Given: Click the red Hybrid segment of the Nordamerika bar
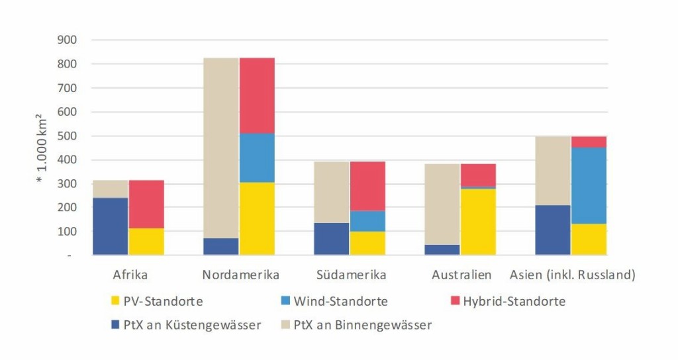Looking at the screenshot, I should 257,95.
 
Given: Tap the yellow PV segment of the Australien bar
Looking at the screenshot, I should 478,222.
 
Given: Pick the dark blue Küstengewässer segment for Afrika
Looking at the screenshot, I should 111,226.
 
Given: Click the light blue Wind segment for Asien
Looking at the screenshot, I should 589,185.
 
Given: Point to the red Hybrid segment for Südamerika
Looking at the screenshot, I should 367,186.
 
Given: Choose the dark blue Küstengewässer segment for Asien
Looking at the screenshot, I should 553,230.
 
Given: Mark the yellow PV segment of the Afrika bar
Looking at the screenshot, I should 146,242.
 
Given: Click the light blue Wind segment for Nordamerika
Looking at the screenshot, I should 257,157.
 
